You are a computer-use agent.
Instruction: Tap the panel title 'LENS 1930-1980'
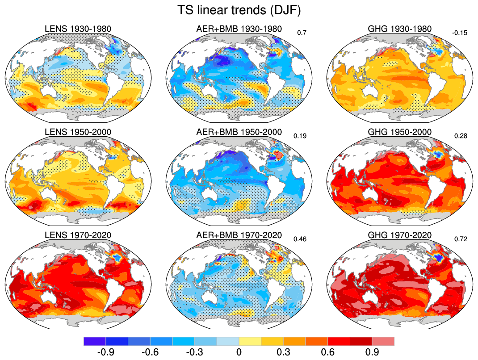tap(78, 29)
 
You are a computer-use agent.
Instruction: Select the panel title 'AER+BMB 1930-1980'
tap(239, 29)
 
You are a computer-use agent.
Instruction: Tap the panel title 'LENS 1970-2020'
tap(78, 235)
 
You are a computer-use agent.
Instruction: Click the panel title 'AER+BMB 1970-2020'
tap(239, 235)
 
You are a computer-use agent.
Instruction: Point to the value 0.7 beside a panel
tap(302, 32)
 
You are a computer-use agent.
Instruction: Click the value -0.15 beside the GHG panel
tap(459, 32)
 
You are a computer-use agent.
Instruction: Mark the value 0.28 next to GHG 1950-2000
tap(461, 135)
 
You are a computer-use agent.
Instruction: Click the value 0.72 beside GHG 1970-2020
tap(461, 239)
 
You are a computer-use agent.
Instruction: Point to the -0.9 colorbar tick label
tap(105, 352)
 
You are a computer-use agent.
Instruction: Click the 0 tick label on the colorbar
tap(239, 352)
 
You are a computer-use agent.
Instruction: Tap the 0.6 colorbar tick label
tap(327, 352)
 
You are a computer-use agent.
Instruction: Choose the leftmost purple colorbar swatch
tap(95, 341)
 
